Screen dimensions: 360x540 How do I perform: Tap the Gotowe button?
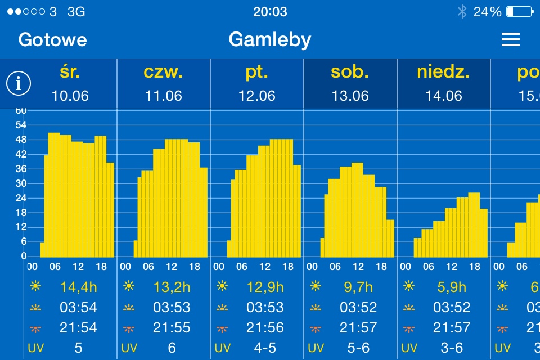52,39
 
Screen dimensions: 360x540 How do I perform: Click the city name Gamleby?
270,39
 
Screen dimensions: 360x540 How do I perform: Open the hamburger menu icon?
510,39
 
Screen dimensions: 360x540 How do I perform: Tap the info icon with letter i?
19,84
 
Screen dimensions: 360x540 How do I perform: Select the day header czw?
163,73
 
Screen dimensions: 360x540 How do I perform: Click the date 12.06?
257,96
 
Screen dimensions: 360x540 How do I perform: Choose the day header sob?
350,73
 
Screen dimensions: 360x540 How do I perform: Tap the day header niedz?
443,73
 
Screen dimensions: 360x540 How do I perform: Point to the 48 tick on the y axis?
20,139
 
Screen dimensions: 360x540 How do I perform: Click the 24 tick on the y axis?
20,198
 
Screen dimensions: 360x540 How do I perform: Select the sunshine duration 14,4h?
79,287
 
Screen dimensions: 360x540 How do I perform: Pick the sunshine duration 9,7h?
359,287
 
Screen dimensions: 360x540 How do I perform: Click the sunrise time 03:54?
79,307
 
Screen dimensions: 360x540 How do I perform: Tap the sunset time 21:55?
172,327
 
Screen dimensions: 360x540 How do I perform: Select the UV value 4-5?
265,348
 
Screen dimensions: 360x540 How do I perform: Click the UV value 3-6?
452,348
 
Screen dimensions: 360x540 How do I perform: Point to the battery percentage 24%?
487,11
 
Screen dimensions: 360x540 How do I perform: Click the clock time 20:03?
270,11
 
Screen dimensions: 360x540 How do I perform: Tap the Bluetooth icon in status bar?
462,11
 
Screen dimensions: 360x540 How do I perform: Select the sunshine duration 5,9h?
452,287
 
